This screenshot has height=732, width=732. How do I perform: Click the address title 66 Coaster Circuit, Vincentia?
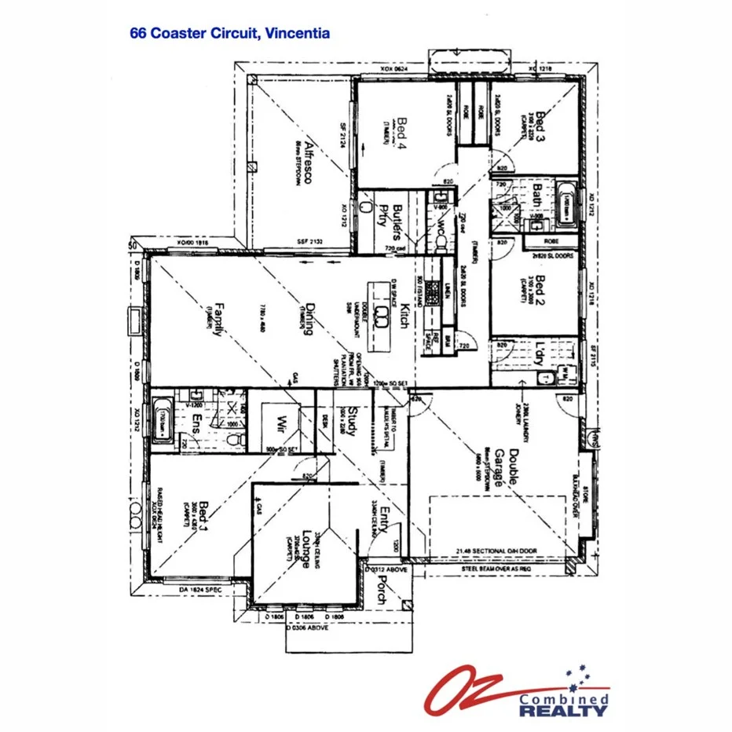(x=229, y=34)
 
